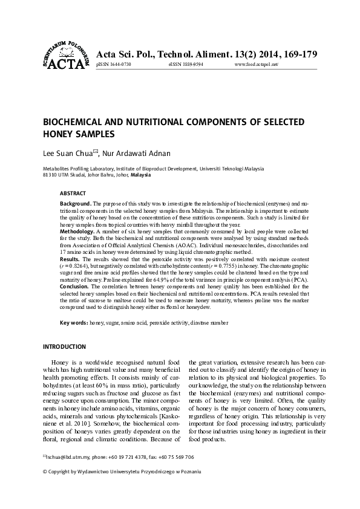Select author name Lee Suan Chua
point(66,154)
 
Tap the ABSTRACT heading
point(73,193)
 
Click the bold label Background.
point(76,204)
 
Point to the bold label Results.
point(71,258)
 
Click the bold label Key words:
point(74,324)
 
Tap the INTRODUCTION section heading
point(63,347)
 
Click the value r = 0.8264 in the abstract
point(77,265)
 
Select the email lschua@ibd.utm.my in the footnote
point(65,457)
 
